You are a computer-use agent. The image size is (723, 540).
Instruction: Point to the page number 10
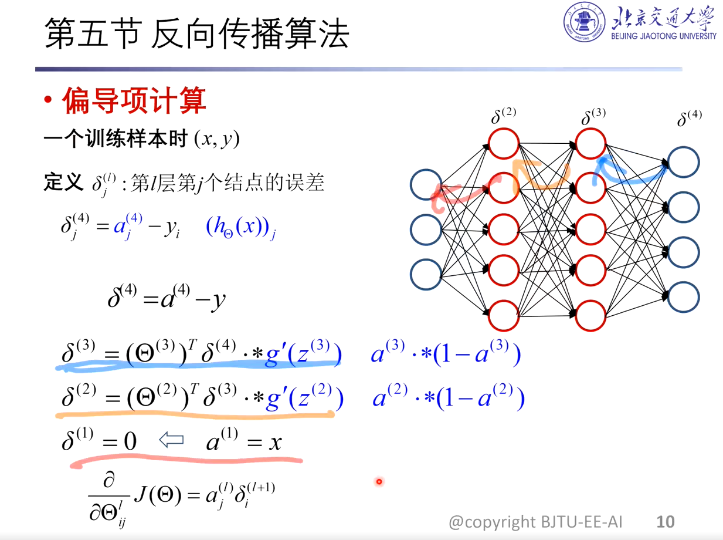click(666, 521)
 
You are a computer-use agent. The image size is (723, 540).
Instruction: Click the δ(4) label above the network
click(689, 118)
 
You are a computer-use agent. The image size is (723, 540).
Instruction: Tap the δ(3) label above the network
click(593, 117)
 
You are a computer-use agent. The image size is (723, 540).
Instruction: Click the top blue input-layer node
click(426, 184)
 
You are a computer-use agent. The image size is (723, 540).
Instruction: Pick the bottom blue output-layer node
click(683, 298)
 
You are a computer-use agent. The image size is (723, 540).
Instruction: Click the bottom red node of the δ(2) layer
click(504, 316)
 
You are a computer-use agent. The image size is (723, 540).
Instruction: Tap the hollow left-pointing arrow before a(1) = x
click(172, 440)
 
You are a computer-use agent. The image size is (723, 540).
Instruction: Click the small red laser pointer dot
click(379, 482)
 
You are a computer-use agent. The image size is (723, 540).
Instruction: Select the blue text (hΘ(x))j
click(241, 228)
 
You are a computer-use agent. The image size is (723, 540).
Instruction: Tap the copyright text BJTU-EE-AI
click(535, 521)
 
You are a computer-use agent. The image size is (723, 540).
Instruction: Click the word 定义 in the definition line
click(63, 183)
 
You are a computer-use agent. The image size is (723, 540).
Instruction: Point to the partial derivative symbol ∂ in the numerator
click(108, 482)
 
